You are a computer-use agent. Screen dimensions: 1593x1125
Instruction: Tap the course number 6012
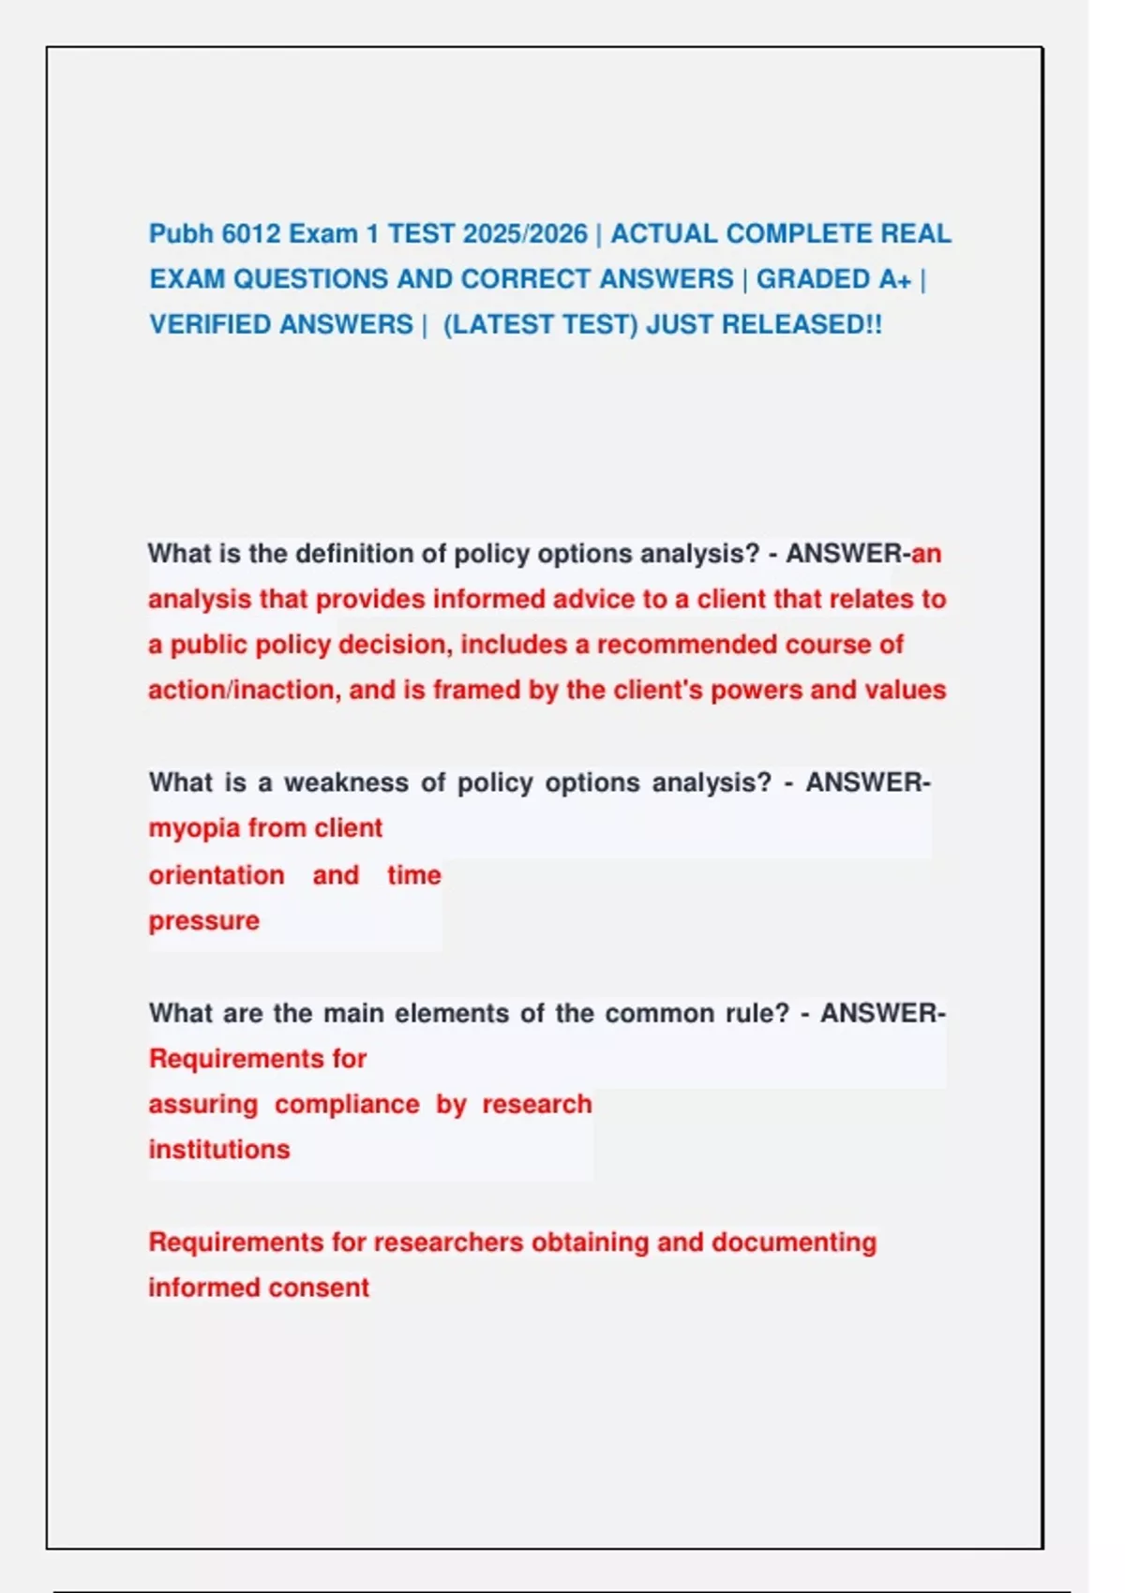(x=251, y=233)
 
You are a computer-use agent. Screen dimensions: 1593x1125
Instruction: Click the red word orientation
(x=217, y=875)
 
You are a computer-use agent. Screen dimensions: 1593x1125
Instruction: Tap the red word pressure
(x=203, y=921)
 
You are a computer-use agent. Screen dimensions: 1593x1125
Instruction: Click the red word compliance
(x=347, y=1104)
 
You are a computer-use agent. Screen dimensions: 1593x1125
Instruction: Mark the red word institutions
(x=219, y=1150)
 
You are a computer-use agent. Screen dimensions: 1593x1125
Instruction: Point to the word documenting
(x=794, y=1243)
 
